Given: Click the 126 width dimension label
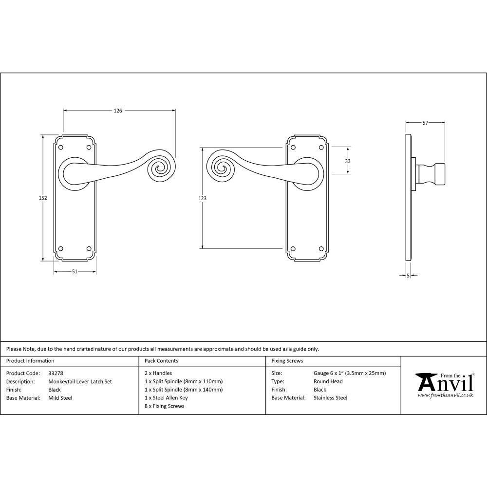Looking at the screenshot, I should tap(118, 111).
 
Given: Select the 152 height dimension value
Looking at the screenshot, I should tap(43, 198).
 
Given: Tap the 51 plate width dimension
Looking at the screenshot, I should tap(75, 272).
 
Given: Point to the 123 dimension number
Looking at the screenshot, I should tap(203, 198).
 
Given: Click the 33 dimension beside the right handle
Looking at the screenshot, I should tap(348, 161).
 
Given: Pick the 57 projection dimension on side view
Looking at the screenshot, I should tap(425, 123).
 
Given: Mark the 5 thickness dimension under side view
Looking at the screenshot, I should tap(407, 276).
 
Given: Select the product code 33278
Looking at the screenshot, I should tap(56, 374).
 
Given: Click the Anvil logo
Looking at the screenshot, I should tap(445, 385).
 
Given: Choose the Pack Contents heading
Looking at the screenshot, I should tap(161, 361).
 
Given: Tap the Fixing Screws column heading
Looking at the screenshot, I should tap(287, 361).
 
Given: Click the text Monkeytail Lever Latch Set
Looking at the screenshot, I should tap(80, 382).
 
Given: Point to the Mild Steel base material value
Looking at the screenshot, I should tap(60, 398).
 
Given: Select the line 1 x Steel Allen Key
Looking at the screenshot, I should tap(166, 398).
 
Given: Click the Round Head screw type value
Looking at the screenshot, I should tap(328, 382).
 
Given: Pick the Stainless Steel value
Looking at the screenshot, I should tap(330, 398).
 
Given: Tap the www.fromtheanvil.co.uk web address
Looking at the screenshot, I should tap(445, 395).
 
